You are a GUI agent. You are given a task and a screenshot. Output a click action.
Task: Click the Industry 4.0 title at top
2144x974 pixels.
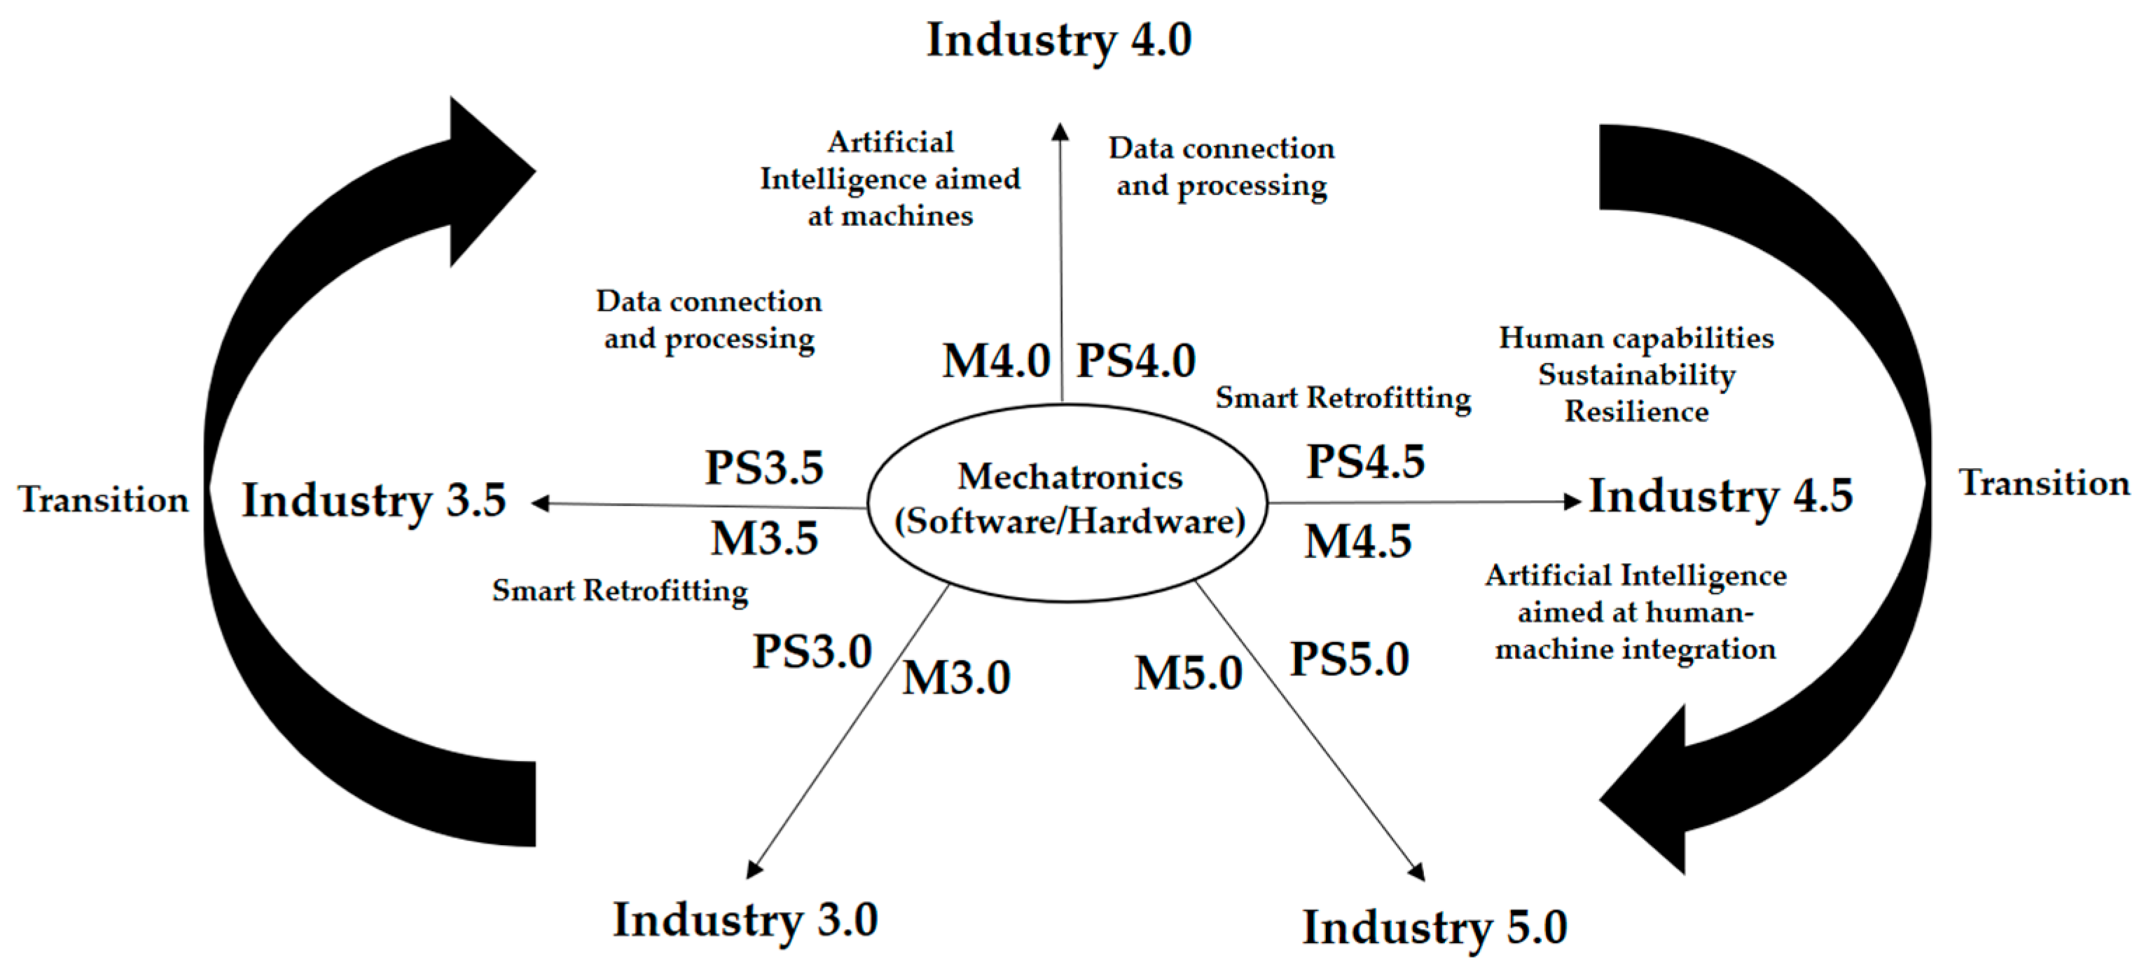pos(1058,40)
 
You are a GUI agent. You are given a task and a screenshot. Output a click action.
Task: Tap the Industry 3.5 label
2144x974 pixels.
pos(374,500)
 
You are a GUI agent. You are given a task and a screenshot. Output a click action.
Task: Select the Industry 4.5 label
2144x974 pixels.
pos(1720,496)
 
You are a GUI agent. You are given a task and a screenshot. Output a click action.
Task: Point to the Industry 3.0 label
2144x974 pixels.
pos(745,920)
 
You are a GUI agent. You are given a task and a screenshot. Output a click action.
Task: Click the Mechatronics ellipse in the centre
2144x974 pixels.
pos(1069,500)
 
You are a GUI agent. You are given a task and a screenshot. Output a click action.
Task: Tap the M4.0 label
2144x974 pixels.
pos(995,362)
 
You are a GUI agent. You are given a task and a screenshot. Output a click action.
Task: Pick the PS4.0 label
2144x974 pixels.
pos(1136,362)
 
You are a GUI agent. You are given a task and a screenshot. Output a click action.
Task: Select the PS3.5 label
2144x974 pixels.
pos(764,467)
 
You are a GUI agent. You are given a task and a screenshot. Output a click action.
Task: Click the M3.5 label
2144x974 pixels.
pos(764,539)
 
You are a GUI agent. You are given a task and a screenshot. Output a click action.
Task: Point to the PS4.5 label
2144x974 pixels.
pos(1365,462)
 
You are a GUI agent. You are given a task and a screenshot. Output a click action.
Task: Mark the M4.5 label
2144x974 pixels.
pos(1357,542)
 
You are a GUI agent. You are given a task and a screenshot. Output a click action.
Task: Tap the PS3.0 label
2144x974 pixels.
pos(812,652)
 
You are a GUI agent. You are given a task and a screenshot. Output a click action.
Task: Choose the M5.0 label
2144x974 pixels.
pos(1188,673)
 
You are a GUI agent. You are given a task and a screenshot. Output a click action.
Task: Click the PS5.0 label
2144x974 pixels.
pos(1349,660)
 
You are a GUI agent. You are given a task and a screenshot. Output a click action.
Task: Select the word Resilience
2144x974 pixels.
pos(1636,412)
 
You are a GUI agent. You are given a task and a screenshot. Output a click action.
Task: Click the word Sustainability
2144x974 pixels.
pos(1636,376)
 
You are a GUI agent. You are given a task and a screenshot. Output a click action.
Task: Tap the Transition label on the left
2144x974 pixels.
pos(104,500)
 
